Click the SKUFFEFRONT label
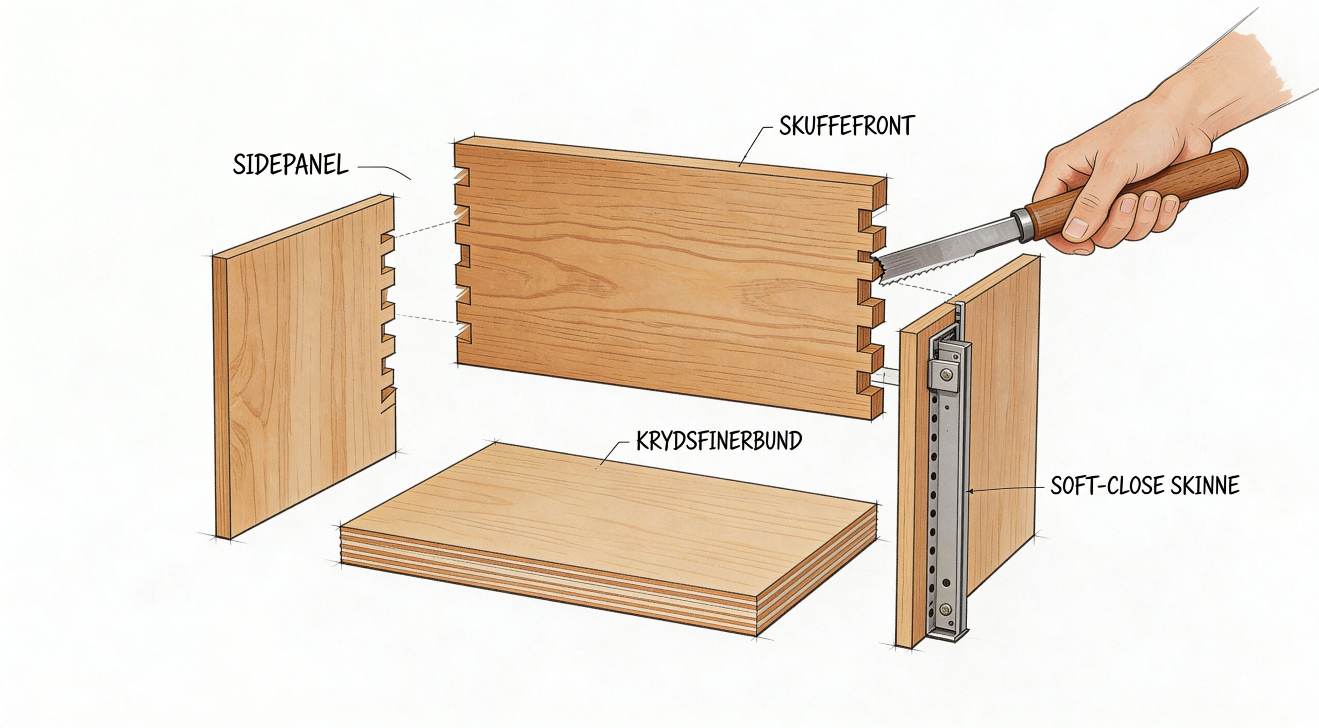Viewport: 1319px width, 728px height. pyautogui.click(x=846, y=126)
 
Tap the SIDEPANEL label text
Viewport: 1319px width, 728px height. pyautogui.click(x=291, y=165)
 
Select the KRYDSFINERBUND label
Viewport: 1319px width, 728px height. pyautogui.click(x=719, y=441)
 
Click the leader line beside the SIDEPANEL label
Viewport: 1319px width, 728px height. pyautogui.click(x=384, y=171)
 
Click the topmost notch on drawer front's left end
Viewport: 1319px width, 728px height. pyautogui.click(x=462, y=177)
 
